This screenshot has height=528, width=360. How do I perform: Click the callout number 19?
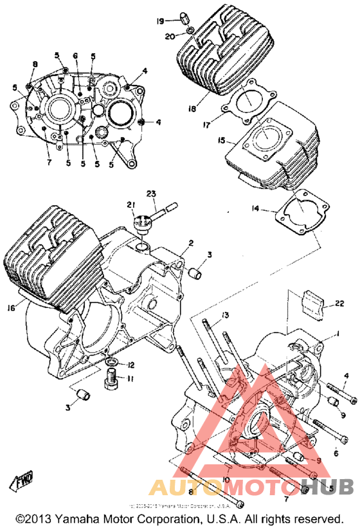[159, 21]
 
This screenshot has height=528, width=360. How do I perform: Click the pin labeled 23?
[168, 208]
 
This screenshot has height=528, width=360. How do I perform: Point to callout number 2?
[190, 244]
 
